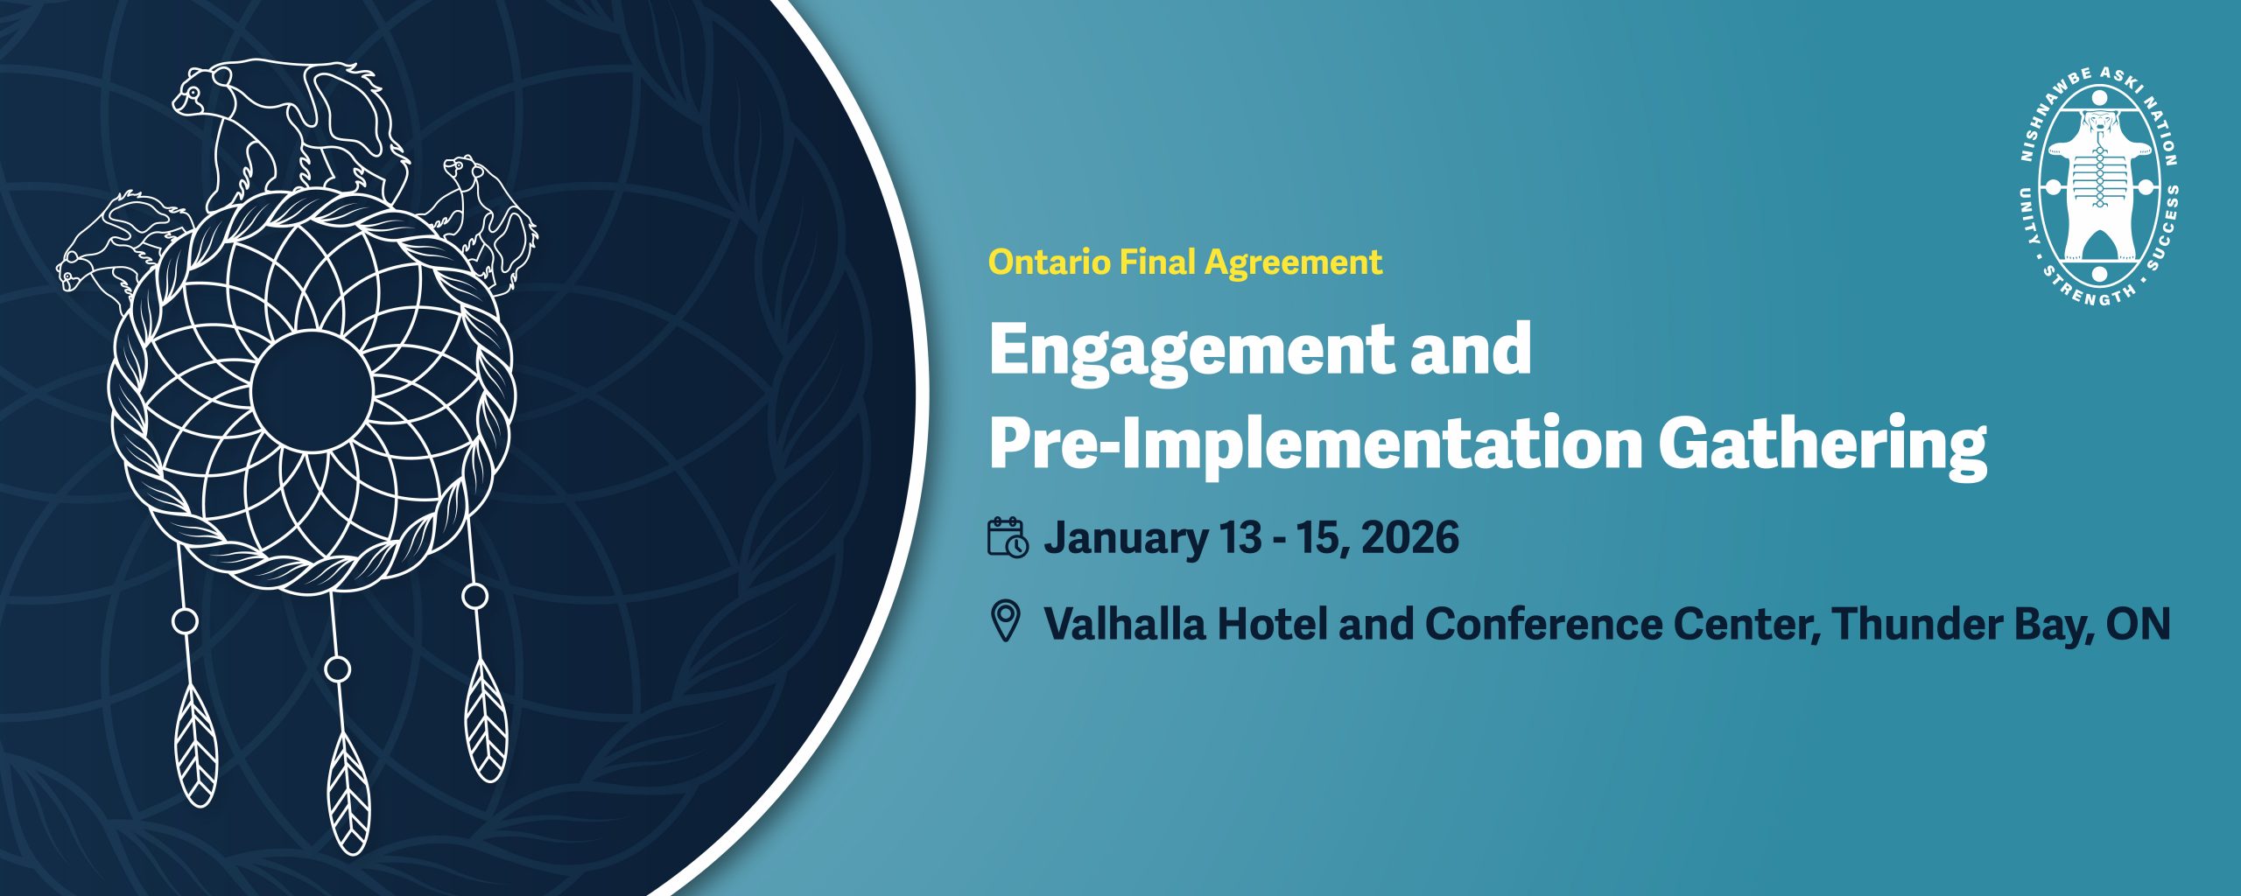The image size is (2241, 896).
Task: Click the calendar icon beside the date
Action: (1008, 536)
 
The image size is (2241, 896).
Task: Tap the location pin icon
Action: (1006, 621)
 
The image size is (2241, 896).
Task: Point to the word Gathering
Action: (1823, 446)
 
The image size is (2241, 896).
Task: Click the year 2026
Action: (1410, 536)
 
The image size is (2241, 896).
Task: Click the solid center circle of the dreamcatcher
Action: (312, 390)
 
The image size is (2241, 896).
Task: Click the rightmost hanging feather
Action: (486, 719)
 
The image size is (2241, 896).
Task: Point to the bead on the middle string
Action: (337, 669)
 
